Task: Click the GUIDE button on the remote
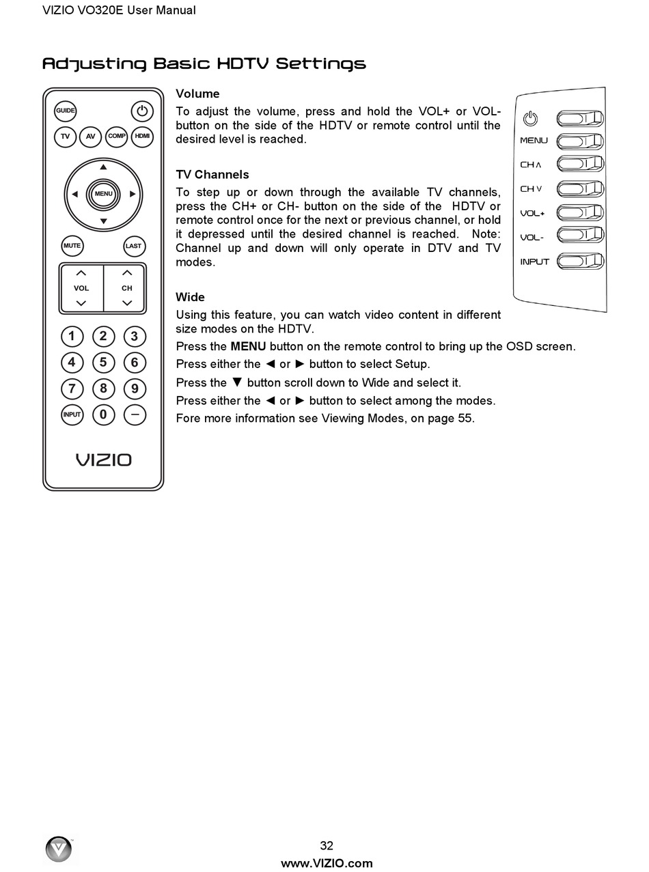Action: click(x=66, y=111)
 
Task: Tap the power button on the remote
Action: click(x=141, y=111)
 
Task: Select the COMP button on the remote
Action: click(x=117, y=137)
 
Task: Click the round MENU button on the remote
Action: click(x=103, y=194)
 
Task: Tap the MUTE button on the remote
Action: click(x=72, y=246)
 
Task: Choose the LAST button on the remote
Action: click(x=134, y=246)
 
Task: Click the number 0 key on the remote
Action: click(x=103, y=414)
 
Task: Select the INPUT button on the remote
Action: click(x=72, y=414)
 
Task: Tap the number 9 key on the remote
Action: click(x=135, y=389)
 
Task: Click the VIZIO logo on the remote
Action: click(x=103, y=460)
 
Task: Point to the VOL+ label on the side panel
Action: click(x=532, y=213)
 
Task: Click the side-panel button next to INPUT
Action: click(x=580, y=261)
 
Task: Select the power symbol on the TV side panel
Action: click(x=530, y=119)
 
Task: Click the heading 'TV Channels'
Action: click(x=212, y=175)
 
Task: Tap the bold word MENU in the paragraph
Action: click(x=248, y=346)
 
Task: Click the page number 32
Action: click(x=327, y=845)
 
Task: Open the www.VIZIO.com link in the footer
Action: click(x=327, y=863)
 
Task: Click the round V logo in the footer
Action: click(x=59, y=849)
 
